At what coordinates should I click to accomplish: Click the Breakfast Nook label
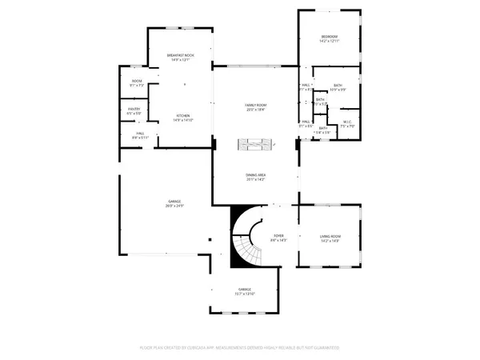[x=180, y=54]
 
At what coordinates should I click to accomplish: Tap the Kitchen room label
[x=183, y=116]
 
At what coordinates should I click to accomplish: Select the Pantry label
[x=134, y=109]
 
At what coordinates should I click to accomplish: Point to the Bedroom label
[x=330, y=37]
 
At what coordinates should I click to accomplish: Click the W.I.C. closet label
[x=347, y=123]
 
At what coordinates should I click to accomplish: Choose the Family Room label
[x=255, y=105]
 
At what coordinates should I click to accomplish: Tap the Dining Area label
[x=255, y=175]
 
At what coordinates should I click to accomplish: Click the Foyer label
[x=278, y=236]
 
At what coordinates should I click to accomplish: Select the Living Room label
[x=330, y=236]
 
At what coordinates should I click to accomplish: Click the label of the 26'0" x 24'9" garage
[x=174, y=201]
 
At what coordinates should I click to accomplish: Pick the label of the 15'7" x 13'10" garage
[x=245, y=289]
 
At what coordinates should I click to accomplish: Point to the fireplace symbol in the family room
[x=255, y=144]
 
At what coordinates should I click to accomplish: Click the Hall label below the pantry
[x=139, y=134]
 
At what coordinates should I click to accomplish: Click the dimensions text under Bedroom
[x=330, y=42]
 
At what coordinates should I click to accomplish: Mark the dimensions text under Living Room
[x=330, y=241]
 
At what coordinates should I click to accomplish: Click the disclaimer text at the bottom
[x=240, y=348]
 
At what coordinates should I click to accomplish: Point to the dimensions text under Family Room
[x=255, y=110]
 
